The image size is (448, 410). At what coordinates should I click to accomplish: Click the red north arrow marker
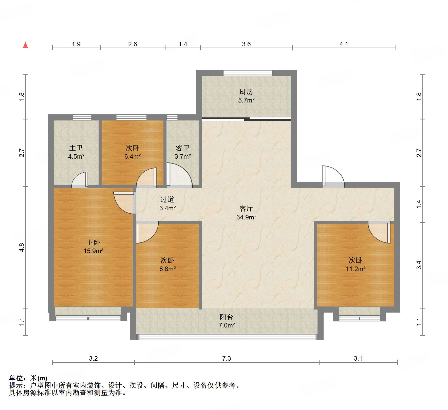click(25, 45)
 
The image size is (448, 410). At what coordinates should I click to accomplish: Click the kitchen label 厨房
click(246, 92)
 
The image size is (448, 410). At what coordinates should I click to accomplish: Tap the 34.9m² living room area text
click(246, 217)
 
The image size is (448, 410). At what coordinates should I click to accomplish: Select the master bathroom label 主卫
click(76, 148)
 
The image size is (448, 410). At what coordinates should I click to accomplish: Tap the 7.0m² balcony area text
click(227, 325)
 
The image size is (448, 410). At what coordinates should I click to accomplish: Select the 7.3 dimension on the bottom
click(227, 358)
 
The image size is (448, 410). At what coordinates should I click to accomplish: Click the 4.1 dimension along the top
click(344, 44)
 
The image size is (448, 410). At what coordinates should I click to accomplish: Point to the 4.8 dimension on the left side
click(22, 247)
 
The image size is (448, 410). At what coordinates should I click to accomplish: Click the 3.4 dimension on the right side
click(419, 265)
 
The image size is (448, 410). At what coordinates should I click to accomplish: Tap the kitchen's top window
click(248, 73)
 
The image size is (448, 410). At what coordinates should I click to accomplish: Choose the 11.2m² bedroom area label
click(356, 269)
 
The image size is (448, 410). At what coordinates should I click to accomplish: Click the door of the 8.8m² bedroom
click(146, 232)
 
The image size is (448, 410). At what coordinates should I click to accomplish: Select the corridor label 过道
click(167, 200)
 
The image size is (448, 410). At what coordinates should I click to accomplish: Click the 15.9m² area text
click(93, 251)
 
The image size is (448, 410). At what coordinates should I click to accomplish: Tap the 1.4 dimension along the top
click(183, 44)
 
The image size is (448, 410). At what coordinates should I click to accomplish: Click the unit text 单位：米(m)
click(28, 378)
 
